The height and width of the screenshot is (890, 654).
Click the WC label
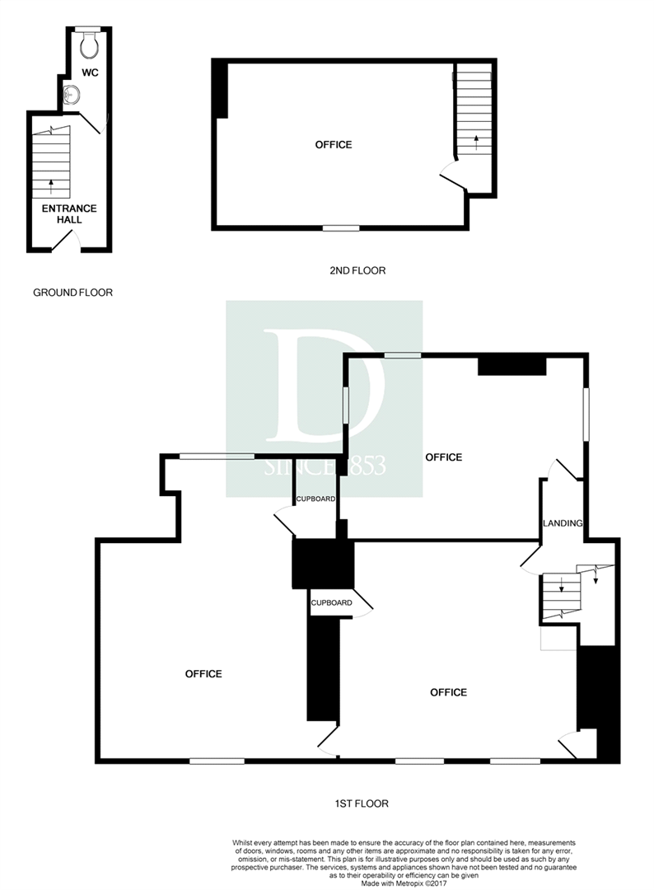pos(90,73)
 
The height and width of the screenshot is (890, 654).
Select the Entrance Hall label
pos(69,214)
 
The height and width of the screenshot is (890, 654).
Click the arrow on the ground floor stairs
pos(51,186)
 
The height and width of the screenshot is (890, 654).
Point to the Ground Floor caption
pos(72,293)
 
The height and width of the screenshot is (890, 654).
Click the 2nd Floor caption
pos(357,271)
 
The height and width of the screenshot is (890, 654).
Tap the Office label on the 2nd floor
pos(334,145)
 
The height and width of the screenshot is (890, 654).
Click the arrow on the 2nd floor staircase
pos(475,143)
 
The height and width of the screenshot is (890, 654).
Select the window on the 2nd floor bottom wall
pos(341,228)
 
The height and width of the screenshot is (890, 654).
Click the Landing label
pos(562,523)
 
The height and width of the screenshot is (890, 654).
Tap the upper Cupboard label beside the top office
pos(315,499)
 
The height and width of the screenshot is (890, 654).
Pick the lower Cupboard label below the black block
pos(331,602)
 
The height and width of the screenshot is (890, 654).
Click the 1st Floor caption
pos(362,803)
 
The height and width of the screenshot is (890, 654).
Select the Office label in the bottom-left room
pos(203,674)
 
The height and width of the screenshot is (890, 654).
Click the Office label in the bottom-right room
pos(449,692)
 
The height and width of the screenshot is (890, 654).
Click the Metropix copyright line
pos(404,883)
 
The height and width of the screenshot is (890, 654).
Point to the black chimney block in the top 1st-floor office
pos(512,366)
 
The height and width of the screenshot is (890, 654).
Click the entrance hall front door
pos(66,243)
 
